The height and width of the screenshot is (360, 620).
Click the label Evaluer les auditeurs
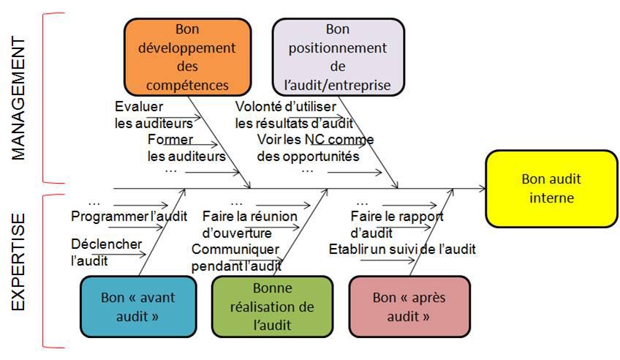153,115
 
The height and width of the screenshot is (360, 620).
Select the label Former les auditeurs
186,147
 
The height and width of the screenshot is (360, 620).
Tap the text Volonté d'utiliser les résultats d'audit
293,115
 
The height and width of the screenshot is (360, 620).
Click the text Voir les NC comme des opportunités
314,147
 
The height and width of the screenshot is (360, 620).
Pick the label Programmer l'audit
129,216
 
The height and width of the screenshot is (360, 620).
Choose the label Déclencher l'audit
106,251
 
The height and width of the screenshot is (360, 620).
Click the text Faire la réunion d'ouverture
249,224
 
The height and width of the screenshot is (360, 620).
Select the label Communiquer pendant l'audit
236,258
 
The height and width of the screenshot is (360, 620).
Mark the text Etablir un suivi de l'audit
401,249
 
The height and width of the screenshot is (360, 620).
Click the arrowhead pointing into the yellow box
482,189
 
